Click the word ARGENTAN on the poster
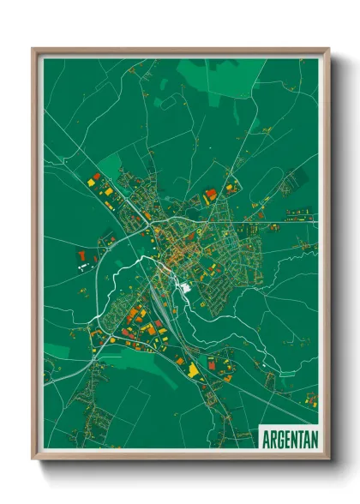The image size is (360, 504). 289,438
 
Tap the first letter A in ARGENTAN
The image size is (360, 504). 266,438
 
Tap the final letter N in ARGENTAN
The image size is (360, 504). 313,438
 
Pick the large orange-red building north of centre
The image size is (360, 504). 211,195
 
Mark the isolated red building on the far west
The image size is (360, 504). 82,255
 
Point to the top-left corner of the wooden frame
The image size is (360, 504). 33,50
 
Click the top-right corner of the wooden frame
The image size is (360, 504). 328,50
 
